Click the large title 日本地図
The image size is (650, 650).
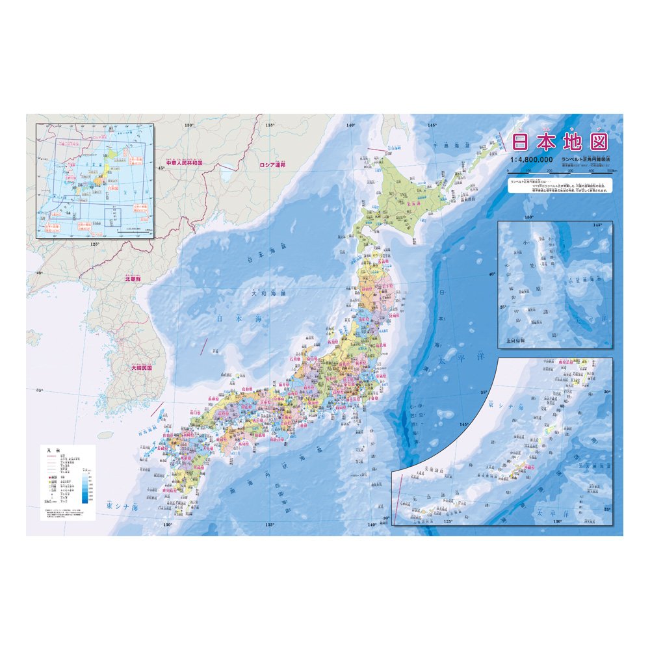(x=560, y=142)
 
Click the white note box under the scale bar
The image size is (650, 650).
(x=561, y=186)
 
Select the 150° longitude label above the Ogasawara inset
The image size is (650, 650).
(x=529, y=216)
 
